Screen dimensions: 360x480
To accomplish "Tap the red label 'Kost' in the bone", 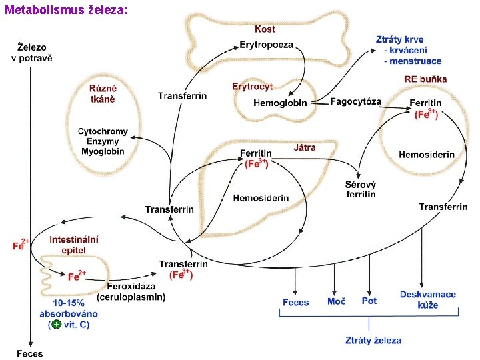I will [265, 29].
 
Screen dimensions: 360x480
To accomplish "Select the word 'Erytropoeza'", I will [266, 45].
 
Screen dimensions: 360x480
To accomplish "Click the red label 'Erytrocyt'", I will [252, 87].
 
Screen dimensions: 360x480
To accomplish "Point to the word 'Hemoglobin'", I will [280, 103].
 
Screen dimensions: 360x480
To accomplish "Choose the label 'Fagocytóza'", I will [356, 102].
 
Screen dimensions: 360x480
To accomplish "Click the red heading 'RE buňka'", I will [425, 79].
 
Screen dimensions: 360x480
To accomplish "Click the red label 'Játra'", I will [305, 147].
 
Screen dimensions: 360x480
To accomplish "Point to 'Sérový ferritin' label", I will [361, 189].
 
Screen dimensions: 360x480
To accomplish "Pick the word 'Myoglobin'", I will [103, 151].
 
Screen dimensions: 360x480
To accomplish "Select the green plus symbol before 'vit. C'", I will [57, 324].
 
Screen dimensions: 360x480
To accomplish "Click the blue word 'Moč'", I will [336, 301].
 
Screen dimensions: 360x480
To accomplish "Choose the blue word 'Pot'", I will [369, 301].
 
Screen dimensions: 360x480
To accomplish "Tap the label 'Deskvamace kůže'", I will [428, 299].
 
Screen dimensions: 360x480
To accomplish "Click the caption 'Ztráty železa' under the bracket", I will [373, 340].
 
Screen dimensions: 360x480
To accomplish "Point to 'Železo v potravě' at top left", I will [31, 52].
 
